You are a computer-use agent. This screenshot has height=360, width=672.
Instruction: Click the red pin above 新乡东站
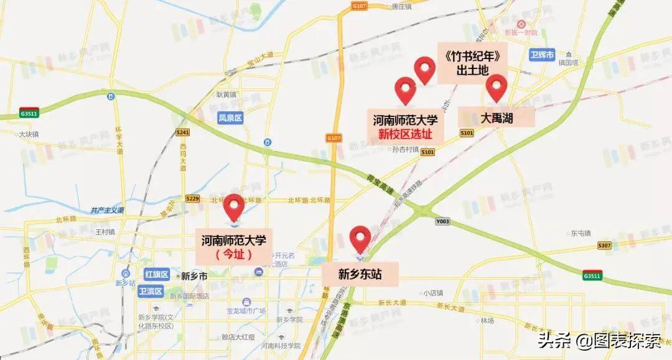[x=360, y=239]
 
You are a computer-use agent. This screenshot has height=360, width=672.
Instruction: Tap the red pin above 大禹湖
[x=497, y=87]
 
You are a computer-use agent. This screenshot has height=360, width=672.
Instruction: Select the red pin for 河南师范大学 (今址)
[x=235, y=206]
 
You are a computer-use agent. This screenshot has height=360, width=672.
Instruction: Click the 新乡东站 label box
[x=360, y=274]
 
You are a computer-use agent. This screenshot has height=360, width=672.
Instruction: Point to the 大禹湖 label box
[x=497, y=117]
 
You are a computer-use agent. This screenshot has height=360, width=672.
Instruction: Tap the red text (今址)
[x=234, y=254]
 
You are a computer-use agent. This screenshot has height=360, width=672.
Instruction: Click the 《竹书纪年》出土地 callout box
[x=470, y=63]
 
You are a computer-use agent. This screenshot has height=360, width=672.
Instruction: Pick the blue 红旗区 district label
[x=156, y=274]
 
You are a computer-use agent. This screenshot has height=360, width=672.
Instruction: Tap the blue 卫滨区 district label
[x=151, y=291]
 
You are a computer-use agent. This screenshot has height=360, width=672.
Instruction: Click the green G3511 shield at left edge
[x=29, y=114]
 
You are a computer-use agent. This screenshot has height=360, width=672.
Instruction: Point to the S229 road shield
[x=192, y=198]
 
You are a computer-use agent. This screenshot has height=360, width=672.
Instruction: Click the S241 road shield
[x=182, y=132]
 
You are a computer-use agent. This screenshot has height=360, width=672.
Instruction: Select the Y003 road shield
[x=442, y=221]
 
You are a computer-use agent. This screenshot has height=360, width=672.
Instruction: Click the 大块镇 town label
[x=29, y=134]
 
